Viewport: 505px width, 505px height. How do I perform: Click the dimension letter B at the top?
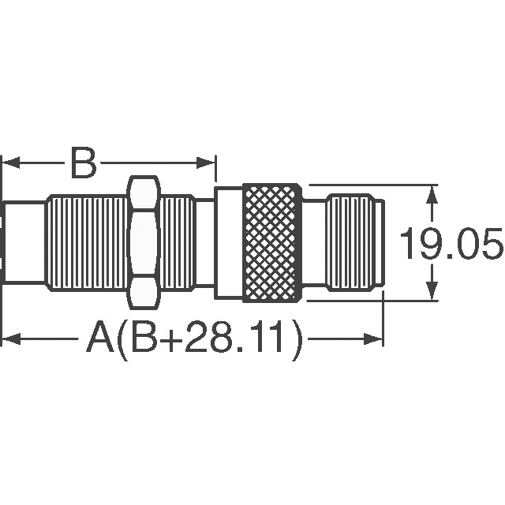(84, 164)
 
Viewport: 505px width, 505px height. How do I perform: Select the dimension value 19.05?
(450, 245)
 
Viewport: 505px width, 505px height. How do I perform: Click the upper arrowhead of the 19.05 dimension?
(432, 193)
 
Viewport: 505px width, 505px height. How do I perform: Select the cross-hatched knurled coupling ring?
(272, 242)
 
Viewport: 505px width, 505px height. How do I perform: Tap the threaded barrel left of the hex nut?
(87, 244)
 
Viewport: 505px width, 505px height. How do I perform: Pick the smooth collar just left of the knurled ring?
(229, 242)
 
